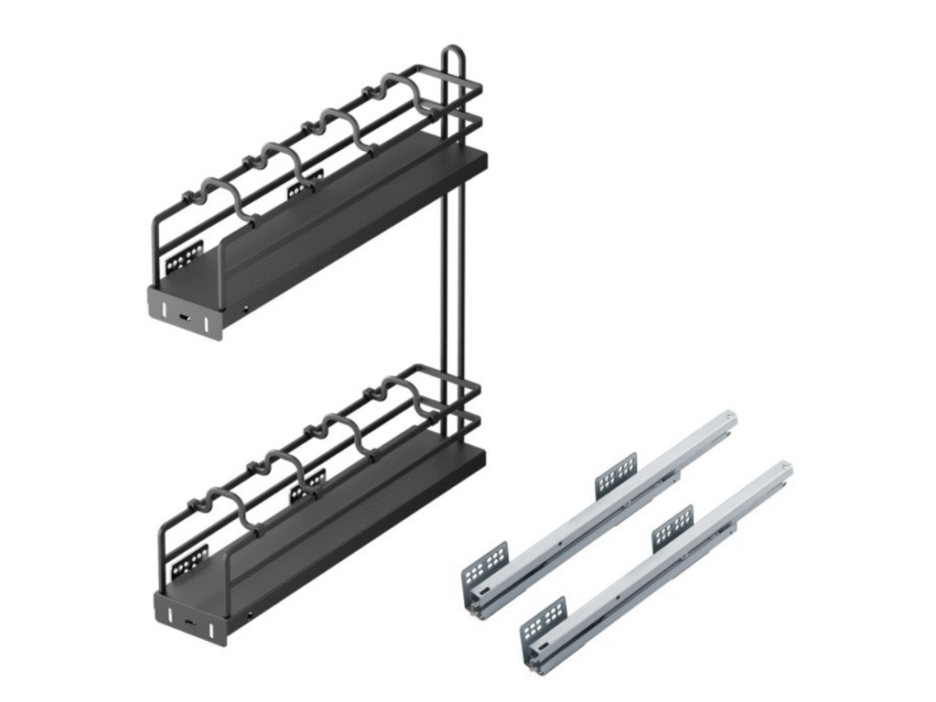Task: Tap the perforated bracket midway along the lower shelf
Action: [x=308, y=485]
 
